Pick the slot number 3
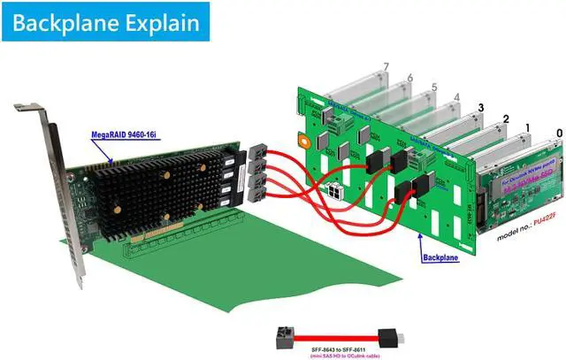[480, 108]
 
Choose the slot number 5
[434, 88]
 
